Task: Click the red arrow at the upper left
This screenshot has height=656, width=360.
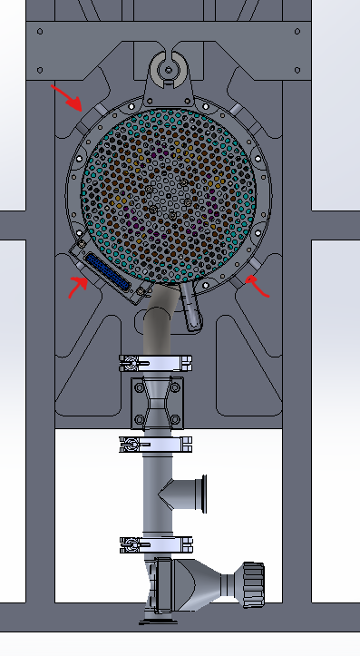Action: click(x=65, y=94)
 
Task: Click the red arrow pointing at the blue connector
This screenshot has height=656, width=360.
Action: click(x=77, y=287)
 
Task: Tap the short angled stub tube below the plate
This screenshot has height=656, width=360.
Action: click(x=192, y=307)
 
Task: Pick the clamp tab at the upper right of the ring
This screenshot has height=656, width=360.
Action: click(x=238, y=110)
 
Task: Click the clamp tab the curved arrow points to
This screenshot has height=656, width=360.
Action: click(x=240, y=279)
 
